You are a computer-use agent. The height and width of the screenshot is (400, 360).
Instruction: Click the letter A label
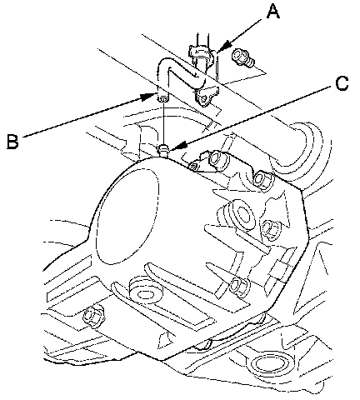273,12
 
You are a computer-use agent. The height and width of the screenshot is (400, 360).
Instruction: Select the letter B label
12,142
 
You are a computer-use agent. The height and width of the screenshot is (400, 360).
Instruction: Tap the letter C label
342,83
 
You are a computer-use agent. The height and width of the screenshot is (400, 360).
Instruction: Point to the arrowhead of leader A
224,46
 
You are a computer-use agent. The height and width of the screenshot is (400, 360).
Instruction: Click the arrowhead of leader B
147,97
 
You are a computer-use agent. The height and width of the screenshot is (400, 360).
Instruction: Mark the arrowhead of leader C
177,146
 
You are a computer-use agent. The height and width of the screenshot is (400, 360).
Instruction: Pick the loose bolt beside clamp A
242,57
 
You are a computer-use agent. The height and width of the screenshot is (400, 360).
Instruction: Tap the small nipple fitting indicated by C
163,150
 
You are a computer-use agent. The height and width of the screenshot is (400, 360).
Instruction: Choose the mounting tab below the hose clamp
206,96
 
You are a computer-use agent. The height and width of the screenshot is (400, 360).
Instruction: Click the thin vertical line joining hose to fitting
163,122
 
